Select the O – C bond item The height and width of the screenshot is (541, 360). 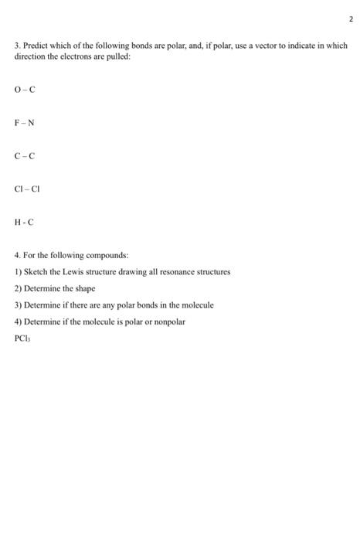25,90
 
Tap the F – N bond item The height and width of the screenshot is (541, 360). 25,123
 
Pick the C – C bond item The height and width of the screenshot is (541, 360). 25,156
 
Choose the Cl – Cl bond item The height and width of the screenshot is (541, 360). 27,189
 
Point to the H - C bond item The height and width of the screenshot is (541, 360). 24,222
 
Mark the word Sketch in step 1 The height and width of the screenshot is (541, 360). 35,272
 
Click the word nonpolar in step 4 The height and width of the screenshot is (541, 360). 167,322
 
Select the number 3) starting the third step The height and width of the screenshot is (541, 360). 18,305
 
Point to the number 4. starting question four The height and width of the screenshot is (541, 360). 18,256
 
